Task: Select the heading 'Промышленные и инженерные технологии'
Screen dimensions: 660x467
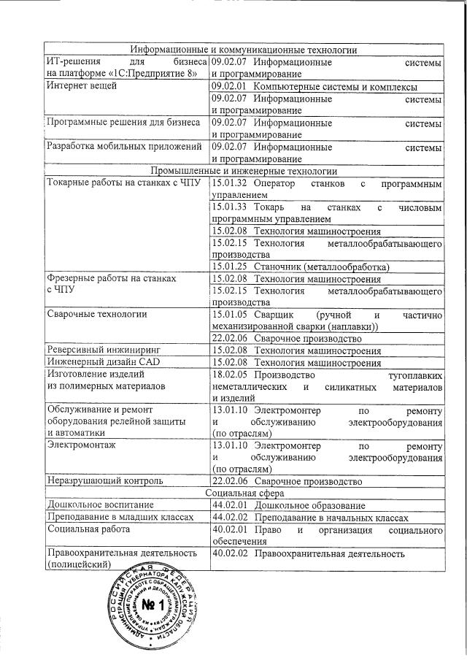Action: [x=244, y=171]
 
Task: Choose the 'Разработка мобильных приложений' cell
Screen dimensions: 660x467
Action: [x=123, y=146]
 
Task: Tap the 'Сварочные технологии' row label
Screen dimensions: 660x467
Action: [x=96, y=315]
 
